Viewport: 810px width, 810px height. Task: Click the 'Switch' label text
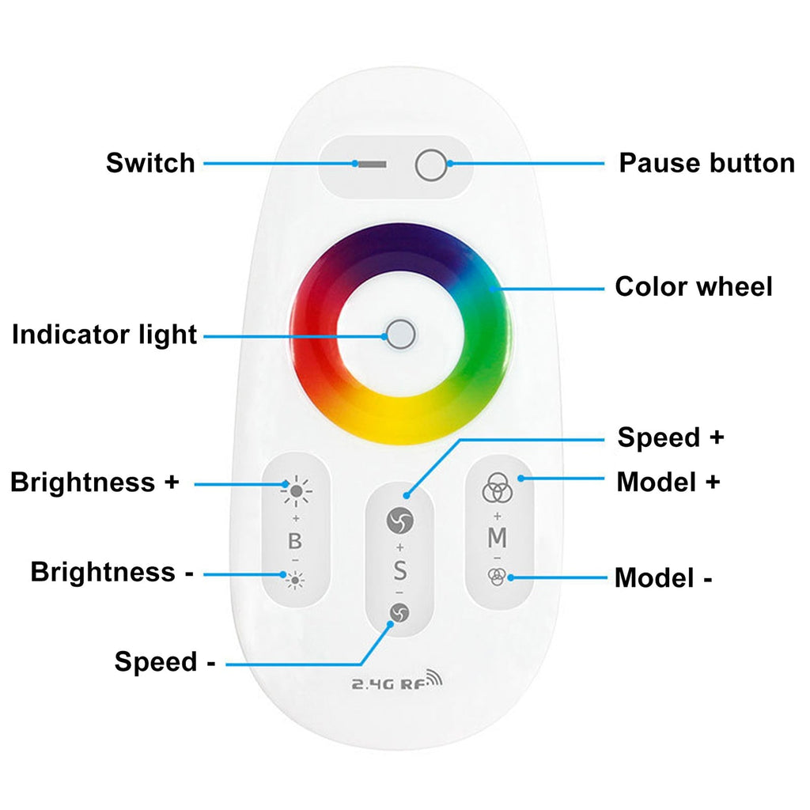[x=150, y=163]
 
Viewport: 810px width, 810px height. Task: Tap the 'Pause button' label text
[x=706, y=163]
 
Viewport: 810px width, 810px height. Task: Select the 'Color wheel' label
[x=693, y=286]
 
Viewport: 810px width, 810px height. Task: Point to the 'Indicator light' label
[x=104, y=335]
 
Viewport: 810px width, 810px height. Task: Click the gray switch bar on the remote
[x=372, y=165]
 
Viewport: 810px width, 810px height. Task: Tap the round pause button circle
[x=431, y=165]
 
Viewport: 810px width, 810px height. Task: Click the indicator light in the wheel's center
[x=401, y=335]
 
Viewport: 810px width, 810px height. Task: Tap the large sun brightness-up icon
[x=296, y=490]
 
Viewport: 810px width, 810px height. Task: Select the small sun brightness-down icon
[x=295, y=581]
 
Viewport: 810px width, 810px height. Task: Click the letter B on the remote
[x=295, y=541]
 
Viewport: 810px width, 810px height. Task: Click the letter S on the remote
[x=399, y=571]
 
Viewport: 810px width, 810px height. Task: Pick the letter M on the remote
[x=497, y=538]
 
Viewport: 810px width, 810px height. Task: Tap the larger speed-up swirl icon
[x=399, y=520]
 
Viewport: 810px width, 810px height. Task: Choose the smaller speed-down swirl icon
[x=399, y=613]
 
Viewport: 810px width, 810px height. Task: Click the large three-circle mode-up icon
[x=497, y=487]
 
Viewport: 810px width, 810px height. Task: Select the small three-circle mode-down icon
[x=497, y=577]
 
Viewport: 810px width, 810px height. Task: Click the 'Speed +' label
[x=671, y=437]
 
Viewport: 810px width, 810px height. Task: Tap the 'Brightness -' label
[x=112, y=572]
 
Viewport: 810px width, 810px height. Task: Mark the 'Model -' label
[x=664, y=577]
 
